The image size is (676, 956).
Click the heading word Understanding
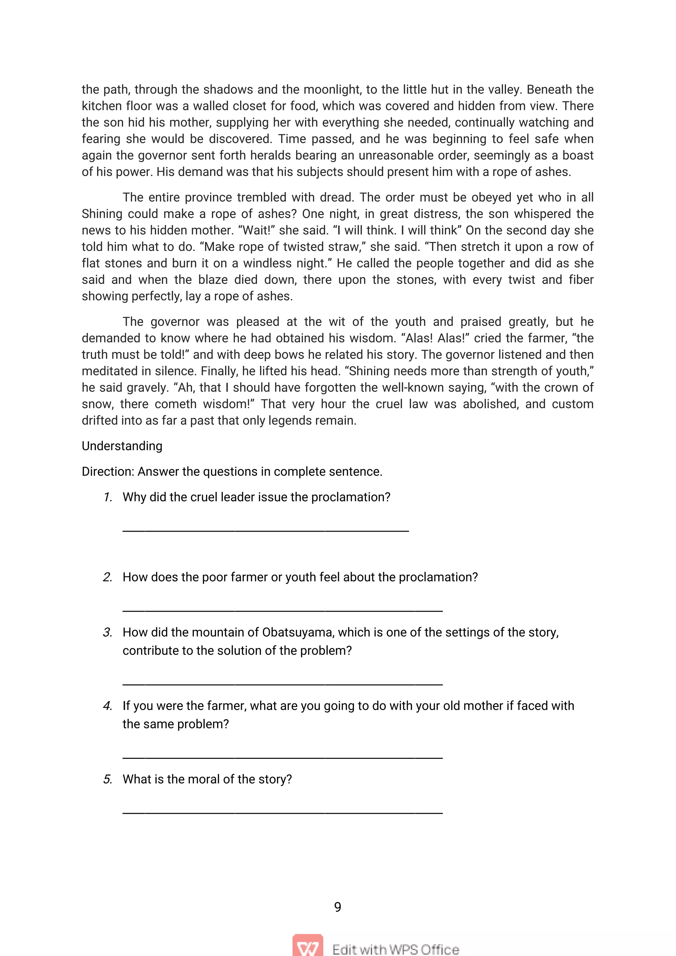pyautogui.click(x=122, y=446)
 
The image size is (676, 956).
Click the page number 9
pyautogui.click(x=338, y=907)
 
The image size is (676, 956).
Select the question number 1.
pyautogui.click(x=108, y=497)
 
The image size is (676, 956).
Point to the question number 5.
pyautogui.click(x=108, y=779)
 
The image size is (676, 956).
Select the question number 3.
pyautogui.click(x=108, y=632)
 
